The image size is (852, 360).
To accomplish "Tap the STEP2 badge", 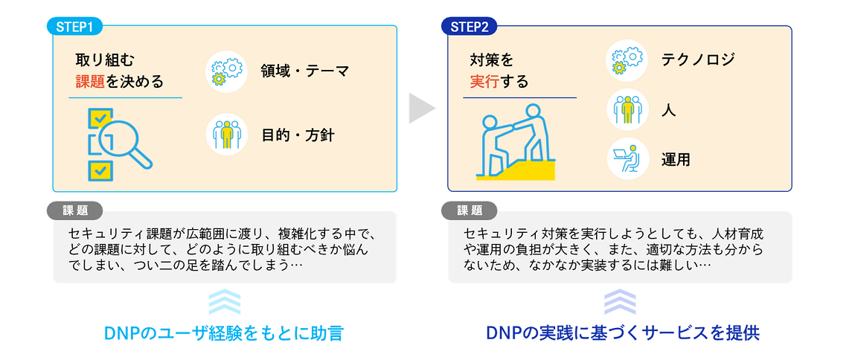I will click(x=470, y=27).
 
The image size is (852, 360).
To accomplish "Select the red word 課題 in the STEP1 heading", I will click(x=91, y=81).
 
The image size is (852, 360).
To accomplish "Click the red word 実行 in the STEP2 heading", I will click(x=484, y=81).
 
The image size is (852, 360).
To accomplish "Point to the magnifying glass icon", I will click(x=120, y=144).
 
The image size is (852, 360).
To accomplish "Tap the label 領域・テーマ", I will click(x=304, y=71).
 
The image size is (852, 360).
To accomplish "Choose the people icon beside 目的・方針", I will click(x=226, y=135).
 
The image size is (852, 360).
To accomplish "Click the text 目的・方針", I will click(x=298, y=135).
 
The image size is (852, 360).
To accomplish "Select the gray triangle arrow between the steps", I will click(x=420, y=109).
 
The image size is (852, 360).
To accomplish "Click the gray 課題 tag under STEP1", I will click(x=74, y=210).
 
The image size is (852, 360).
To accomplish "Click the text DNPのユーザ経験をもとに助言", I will click(x=225, y=332).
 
